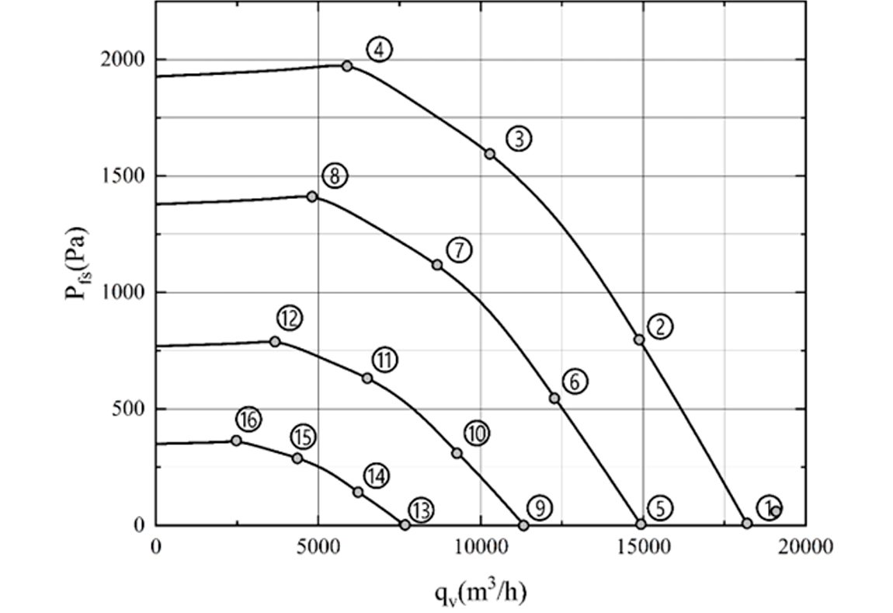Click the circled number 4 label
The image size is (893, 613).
pos(379,50)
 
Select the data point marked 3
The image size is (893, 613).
pos(490,154)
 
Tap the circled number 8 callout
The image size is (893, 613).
pos(334,176)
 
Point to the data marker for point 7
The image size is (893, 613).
pos(437,265)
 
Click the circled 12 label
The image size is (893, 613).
pos(289,318)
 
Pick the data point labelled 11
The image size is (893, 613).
pos(367,378)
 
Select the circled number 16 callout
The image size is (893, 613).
pos(248,420)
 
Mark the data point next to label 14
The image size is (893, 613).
pos(358,492)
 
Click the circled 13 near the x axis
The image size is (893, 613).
pos(421,510)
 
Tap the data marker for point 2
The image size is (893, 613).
pos(639,340)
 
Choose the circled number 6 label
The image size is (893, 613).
pos(575,381)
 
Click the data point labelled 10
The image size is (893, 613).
pos(457,453)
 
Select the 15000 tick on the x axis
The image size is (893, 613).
pos(643,547)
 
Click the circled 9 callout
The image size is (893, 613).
pos(539,508)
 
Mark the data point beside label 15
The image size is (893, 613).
pos(297,458)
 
